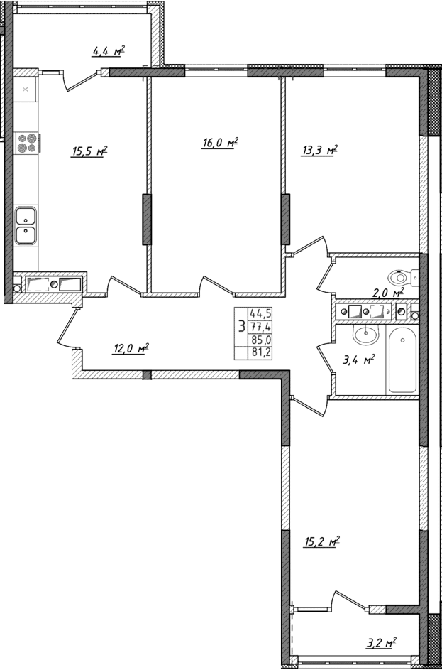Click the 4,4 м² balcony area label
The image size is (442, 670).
[108, 50]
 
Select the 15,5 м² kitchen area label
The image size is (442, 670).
[89, 151]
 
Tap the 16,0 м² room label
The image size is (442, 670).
[219, 143]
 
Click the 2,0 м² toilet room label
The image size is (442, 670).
[389, 292]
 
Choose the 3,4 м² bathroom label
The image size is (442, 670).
[358, 360]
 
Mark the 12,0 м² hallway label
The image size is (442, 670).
[131, 348]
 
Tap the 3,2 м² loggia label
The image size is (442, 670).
[380, 644]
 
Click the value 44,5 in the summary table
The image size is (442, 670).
[260, 313]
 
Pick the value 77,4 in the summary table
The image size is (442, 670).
[260, 326]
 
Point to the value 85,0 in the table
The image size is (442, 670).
[260, 339]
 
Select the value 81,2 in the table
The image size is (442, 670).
[260, 352]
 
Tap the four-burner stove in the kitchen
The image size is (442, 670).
[26, 144]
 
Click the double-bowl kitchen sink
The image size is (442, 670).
[26, 225]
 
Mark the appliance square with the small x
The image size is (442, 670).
[26, 90]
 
